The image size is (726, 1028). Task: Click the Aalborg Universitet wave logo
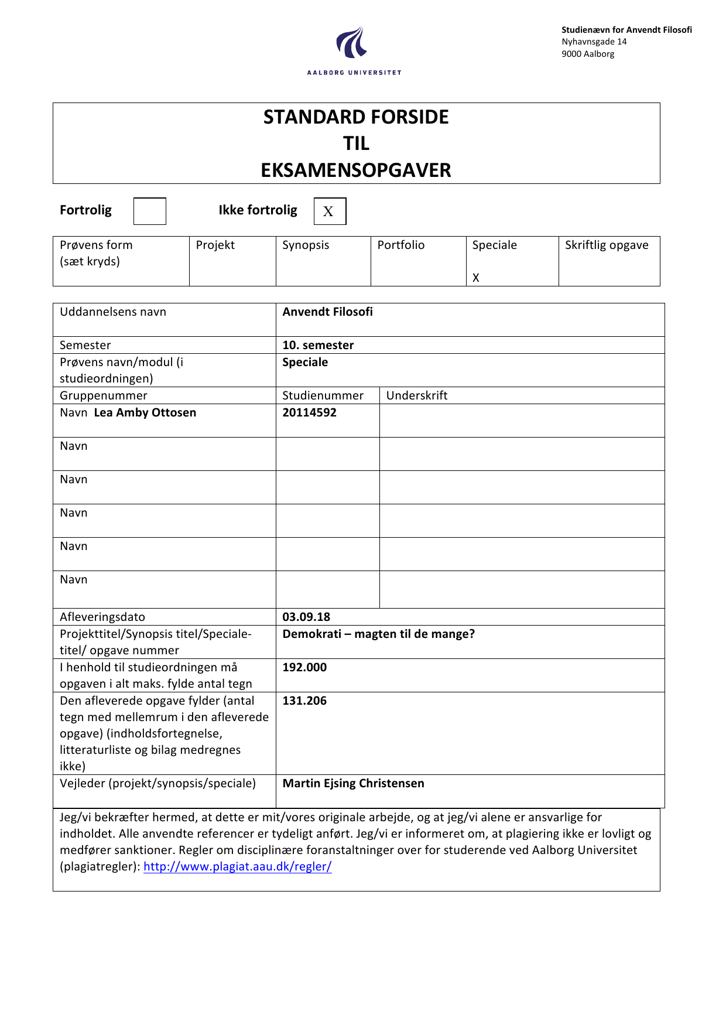[x=352, y=43]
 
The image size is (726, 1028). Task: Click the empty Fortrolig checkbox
[x=150, y=211]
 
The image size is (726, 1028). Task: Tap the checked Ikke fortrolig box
[x=330, y=211]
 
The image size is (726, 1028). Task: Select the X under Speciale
[x=476, y=278]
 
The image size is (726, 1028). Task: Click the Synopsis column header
[x=306, y=245]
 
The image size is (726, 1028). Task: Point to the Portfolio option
[x=401, y=245]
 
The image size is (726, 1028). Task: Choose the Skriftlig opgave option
[x=607, y=245]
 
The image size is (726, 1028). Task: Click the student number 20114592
[x=310, y=412]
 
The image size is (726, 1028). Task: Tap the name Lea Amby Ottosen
[x=145, y=412]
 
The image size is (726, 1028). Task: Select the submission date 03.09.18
[x=306, y=617]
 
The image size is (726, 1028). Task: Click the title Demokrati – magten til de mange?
[x=379, y=634]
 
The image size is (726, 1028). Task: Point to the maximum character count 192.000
[x=304, y=667]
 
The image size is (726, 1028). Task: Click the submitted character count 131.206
[x=304, y=701]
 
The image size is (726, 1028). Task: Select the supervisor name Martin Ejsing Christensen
[x=354, y=783]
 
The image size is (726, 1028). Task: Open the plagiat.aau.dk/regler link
[x=238, y=866]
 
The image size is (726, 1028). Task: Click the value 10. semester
[x=318, y=345]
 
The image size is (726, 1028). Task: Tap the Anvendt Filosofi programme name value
[x=328, y=312]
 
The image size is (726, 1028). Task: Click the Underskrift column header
[x=417, y=395]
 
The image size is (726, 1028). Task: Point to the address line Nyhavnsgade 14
[x=594, y=42]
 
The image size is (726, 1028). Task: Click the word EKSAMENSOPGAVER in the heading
[x=356, y=170]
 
